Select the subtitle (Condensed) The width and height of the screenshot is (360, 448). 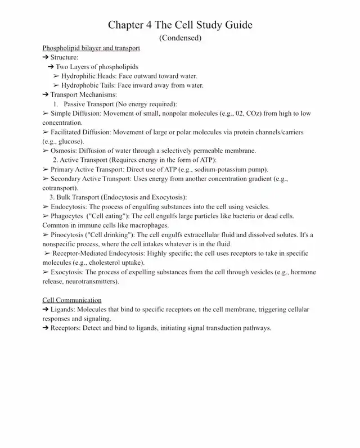[180, 38]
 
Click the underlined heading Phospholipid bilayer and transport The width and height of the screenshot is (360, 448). [91, 48]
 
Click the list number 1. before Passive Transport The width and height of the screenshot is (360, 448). [56, 104]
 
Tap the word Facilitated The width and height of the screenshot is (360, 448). [69, 132]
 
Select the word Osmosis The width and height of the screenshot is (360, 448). [64, 151]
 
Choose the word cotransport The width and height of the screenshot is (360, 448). [60, 188]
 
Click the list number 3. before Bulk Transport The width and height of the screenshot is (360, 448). [52, 197]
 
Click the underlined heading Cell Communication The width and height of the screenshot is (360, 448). [72, 300]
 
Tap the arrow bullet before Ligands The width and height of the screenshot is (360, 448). [46, 310]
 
